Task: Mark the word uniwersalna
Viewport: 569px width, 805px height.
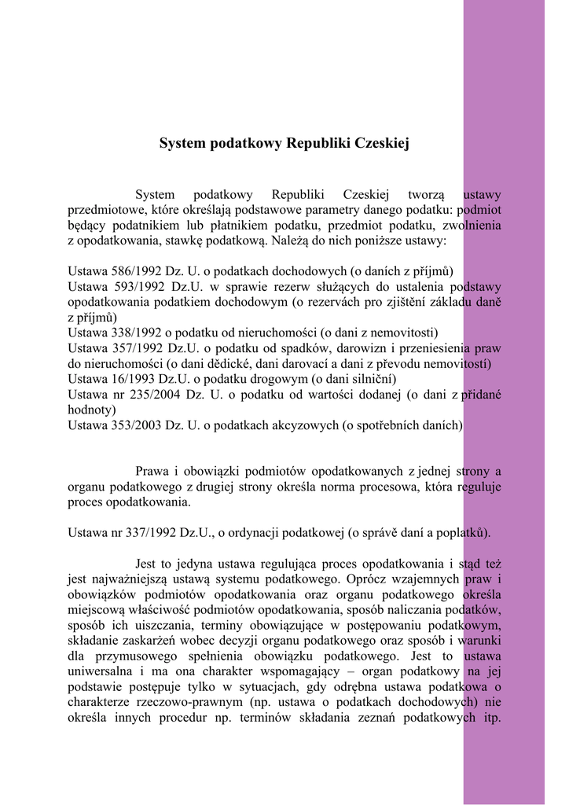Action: click(100, 671)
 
